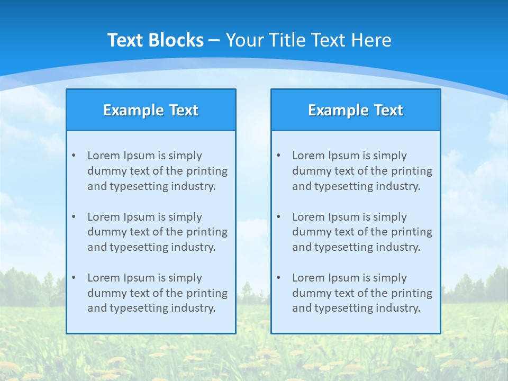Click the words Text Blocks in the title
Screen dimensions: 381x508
point(156,40)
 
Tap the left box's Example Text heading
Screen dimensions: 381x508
point(151,110)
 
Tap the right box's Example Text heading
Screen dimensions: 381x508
point(356,110)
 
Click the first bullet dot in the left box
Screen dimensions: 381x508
point(74,156)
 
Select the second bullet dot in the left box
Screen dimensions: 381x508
point(74,217)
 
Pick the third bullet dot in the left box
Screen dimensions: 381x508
point(74,278)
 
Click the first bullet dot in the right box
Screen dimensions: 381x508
point(278,156)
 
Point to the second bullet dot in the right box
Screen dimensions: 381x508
point(278,217)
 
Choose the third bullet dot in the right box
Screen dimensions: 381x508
point(278,278)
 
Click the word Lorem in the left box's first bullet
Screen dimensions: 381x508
point(104,156)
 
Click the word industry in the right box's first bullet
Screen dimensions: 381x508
point(399,186)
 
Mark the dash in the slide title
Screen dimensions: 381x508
point(214,40)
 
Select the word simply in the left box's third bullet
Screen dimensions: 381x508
point(186,278)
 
